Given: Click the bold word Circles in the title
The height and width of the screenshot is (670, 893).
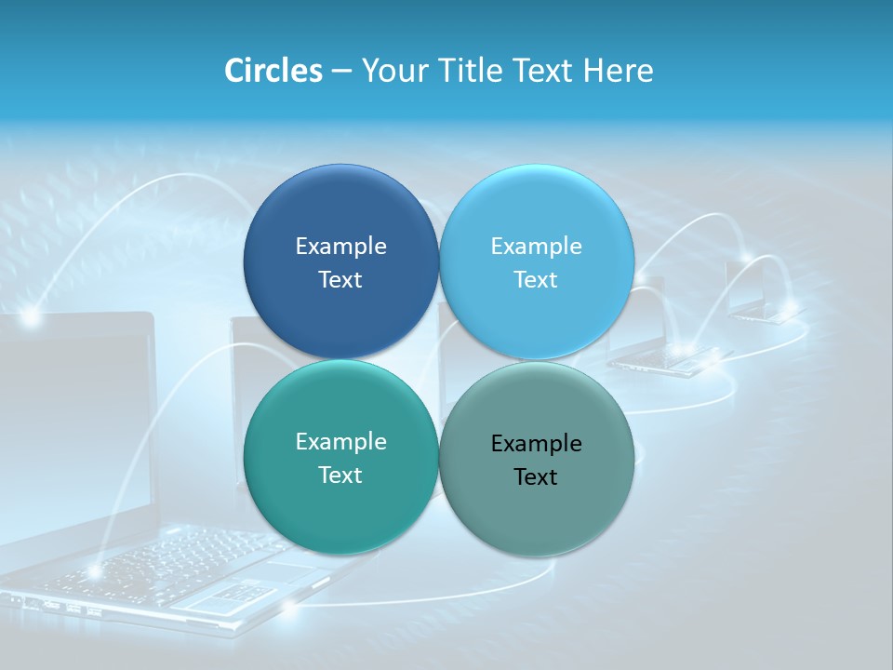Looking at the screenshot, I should coord(273,71).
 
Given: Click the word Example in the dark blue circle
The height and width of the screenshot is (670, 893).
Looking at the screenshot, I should coord(340,246).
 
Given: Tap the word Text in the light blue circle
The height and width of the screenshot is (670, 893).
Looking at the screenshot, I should coord(536,279).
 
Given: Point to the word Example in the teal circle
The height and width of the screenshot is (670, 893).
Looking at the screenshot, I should coord(340,441).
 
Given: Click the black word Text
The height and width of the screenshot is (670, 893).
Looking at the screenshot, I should coord(536,476).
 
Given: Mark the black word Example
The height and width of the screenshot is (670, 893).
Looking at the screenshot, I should coord(537,443).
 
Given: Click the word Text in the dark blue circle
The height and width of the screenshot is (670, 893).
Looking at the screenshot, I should coord(340,279).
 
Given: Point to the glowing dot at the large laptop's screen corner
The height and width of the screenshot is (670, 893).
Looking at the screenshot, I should coord(31,318).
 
